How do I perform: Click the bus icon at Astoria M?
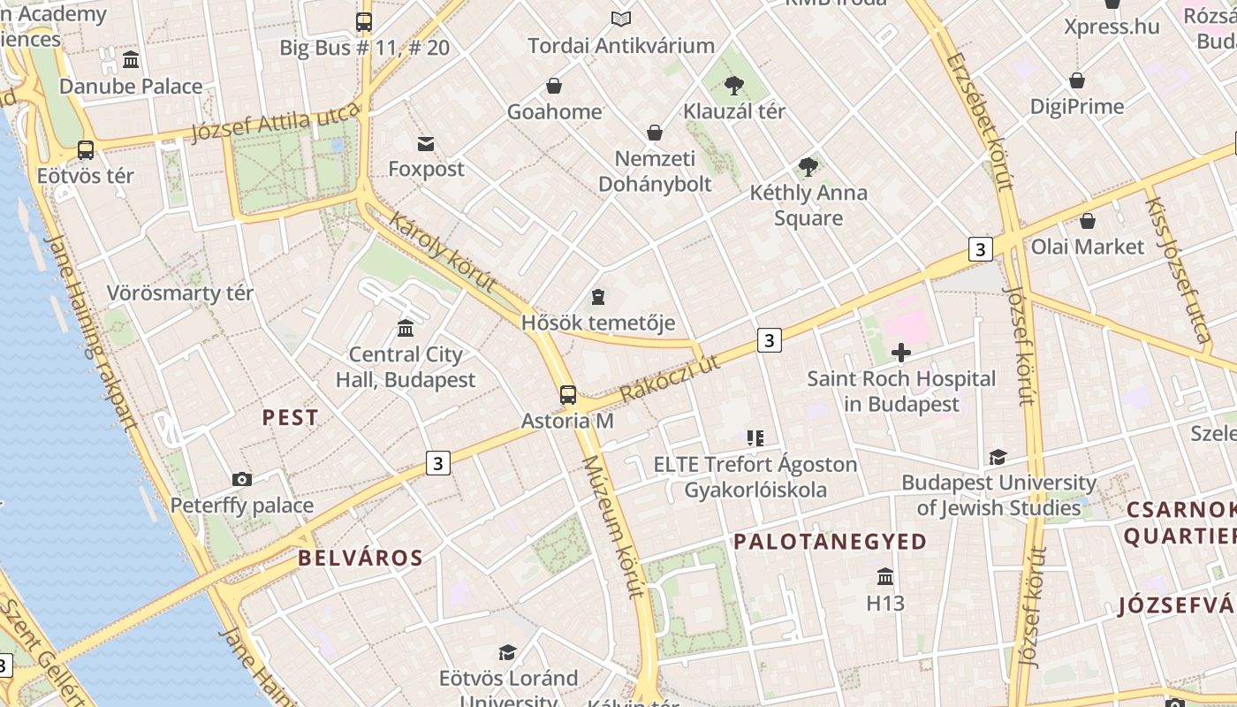tap(568, 395)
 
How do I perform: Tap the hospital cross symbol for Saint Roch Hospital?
tap(900, 353)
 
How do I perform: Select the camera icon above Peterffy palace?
tap(241, 479)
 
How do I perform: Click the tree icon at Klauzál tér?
tap(733, 86)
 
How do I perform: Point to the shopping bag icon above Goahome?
tap(554, 86)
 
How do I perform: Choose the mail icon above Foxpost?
tap(426, 143)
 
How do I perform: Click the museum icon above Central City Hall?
tap(406, 328)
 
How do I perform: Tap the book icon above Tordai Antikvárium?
tap(621, 19)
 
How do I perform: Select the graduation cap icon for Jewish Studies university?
tap(998, 457)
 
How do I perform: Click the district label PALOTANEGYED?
tap(831, 542)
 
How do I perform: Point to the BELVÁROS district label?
tap(360, 558)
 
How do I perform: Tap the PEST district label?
tap(291, 418)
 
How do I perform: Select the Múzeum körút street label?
tap(613, 528)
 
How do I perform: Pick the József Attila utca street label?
tap(277, 122)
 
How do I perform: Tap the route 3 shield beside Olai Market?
tap(979, 249)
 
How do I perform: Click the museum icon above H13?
tap(885, 577)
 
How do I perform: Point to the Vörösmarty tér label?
tap(180, 293)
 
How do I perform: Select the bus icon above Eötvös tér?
tap(86, 149)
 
